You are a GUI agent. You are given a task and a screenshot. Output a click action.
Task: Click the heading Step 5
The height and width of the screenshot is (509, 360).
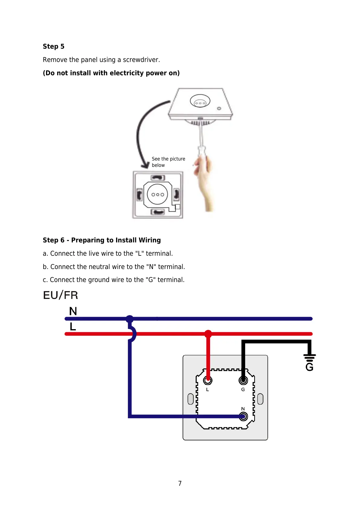(x=54, y=47)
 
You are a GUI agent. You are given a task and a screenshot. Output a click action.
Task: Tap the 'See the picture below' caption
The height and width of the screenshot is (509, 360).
(x=168, y=162)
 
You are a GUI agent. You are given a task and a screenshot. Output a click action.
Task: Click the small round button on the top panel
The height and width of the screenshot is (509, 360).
(x=219, y=109)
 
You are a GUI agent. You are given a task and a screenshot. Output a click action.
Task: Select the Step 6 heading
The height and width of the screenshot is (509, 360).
(x=102, y=240)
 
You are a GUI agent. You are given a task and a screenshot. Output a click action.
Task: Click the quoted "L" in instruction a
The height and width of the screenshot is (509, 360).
(x=140, y=254)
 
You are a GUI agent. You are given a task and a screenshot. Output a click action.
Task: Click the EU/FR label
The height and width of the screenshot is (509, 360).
(x=60, y=295)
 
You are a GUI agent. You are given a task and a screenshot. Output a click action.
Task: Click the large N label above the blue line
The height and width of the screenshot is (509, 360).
(x=73, y=311)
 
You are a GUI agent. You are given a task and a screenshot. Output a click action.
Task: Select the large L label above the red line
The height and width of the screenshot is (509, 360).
(x=73, y=327)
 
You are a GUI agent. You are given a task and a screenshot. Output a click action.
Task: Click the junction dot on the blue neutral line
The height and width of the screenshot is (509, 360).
(x=130, y=319)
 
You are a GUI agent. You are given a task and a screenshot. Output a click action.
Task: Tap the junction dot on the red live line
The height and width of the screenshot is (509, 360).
(x=208, y=334)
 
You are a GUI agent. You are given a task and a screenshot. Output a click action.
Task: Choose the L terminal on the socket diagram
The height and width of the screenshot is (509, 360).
(x=208, y=380)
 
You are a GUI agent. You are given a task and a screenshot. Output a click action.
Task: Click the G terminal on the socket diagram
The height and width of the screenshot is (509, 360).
(x=243, y=380)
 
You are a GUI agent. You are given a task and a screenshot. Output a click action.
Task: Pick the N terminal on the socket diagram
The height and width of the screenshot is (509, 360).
(x=243, y=417)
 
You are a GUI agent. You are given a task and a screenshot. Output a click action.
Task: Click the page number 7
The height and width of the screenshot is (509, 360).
(x=180, y=483)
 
